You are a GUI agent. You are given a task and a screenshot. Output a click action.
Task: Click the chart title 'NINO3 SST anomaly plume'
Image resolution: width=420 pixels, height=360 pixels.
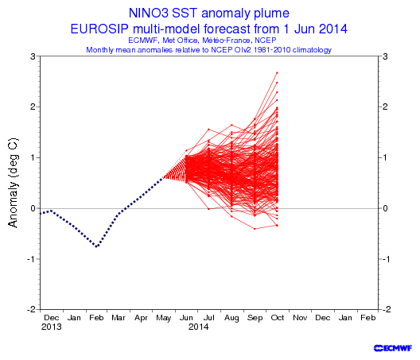[x=209, y=14]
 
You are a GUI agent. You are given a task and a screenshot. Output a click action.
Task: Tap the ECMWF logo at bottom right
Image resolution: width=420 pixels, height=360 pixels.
[x=393, y=348]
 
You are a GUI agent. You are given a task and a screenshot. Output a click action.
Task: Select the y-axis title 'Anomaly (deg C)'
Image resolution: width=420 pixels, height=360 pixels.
[x=13, y=183]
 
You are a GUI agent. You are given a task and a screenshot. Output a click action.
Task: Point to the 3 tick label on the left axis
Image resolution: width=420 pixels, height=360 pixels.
[x=33, y=56]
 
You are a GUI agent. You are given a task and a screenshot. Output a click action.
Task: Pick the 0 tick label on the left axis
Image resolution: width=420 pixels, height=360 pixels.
[x=33, y=208]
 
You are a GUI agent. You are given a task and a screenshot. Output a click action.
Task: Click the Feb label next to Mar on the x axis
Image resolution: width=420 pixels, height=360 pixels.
[x=96, y=318]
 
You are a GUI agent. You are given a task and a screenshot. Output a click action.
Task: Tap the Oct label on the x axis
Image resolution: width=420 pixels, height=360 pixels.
[x=278, y=318]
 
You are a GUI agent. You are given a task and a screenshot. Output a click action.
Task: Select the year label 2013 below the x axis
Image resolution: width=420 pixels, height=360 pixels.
[x=52, y=327]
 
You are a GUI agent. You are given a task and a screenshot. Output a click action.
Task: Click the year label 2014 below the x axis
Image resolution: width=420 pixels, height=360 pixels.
[x=199, y=327]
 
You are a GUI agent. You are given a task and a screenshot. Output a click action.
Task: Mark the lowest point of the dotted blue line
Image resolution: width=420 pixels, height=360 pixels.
[x=97, y=246]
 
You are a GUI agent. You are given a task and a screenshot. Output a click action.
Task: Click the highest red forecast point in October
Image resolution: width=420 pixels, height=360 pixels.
[x=277, y=72]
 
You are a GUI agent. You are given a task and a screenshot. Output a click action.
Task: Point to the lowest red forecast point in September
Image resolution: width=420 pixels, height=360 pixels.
[x=255, y=229]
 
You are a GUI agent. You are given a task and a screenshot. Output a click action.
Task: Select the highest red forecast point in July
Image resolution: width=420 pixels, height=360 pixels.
[x=208, y=130]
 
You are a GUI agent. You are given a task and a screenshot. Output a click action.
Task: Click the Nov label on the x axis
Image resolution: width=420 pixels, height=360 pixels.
[x=300, y=318]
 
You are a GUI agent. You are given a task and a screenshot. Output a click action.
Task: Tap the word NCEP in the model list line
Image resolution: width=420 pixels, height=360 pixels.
[x=266, y=41]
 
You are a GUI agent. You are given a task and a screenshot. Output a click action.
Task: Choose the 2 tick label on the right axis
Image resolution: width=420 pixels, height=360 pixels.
[x=385, y=106]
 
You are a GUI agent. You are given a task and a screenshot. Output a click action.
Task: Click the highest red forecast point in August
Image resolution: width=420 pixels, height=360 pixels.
[x=231, y=125]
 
